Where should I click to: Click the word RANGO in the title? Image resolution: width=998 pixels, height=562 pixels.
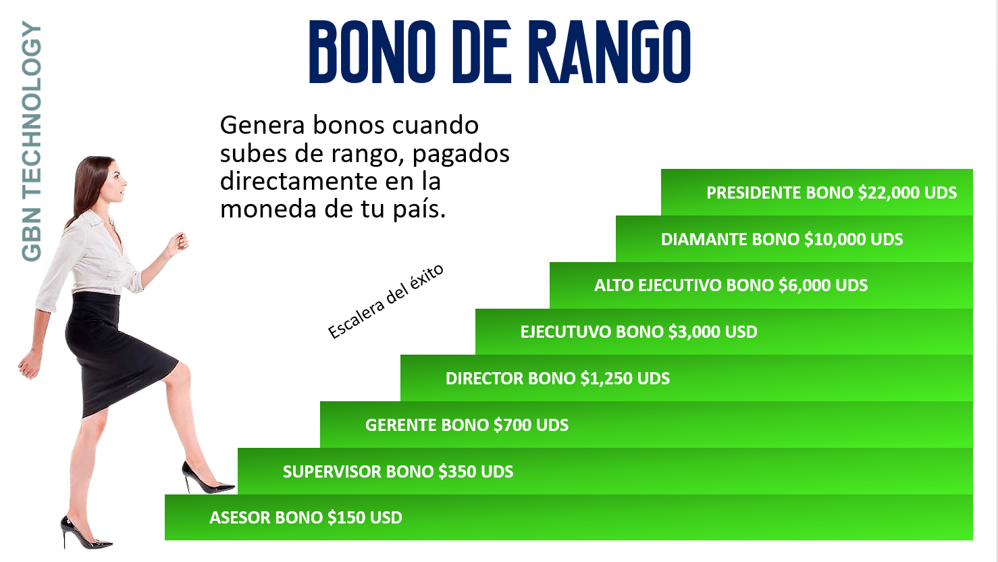click(610, 52)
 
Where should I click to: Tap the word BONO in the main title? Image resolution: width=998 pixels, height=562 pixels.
click(372, 52)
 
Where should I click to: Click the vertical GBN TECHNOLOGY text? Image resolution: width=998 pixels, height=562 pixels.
click(32, 141)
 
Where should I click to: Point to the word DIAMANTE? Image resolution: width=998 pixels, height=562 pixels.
click(704, 239)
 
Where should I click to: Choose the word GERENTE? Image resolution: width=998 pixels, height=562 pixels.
click(400, 425)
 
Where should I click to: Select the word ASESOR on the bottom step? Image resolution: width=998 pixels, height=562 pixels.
click(240, 518)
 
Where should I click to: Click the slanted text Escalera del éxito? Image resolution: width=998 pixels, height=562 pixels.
click(386, 301)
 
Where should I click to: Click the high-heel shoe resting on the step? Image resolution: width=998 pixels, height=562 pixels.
click(207, 478)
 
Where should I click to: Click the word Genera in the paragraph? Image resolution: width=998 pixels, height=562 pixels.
click(263, 125)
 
